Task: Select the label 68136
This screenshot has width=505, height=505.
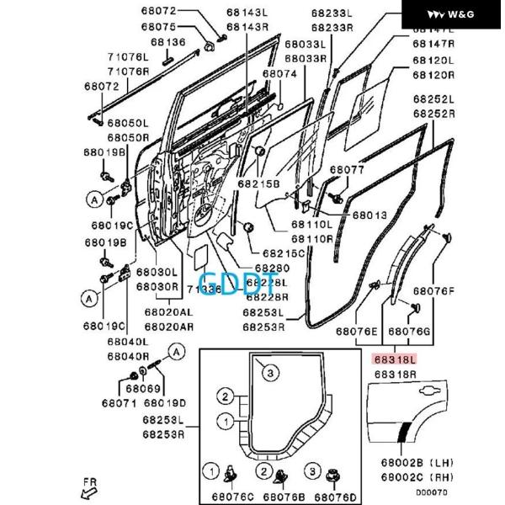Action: [x=168, y=42]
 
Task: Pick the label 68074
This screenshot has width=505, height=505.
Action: [x=279, y=74]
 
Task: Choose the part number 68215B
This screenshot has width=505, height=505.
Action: [x=258, y=183]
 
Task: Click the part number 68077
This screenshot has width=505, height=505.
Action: [x=347, y=170]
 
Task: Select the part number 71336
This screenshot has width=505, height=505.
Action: [x=205, y=290]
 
